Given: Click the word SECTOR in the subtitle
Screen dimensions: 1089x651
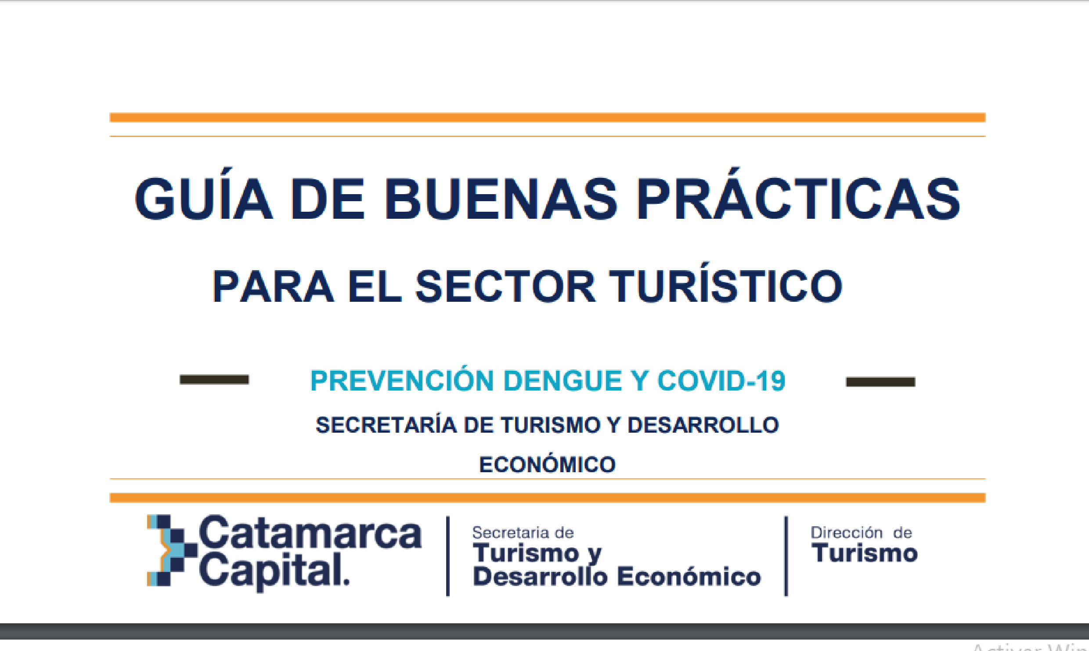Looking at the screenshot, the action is click(505, 286).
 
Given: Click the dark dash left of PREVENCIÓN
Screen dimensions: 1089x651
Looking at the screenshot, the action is click(214, 380).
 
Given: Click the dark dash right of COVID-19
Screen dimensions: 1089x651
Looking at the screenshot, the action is click(880, 382).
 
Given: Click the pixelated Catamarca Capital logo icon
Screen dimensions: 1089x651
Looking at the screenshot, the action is click(172, 550).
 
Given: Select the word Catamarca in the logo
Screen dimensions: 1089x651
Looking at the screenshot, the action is click(310, 532).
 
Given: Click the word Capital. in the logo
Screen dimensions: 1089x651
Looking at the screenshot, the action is click(274, 571).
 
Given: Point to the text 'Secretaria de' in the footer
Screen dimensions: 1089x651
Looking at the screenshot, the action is click(523, 533).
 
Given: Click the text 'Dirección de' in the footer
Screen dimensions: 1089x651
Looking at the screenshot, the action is click(862, 532).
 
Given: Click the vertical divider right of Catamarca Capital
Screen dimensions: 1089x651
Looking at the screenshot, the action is click(448, 556).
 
